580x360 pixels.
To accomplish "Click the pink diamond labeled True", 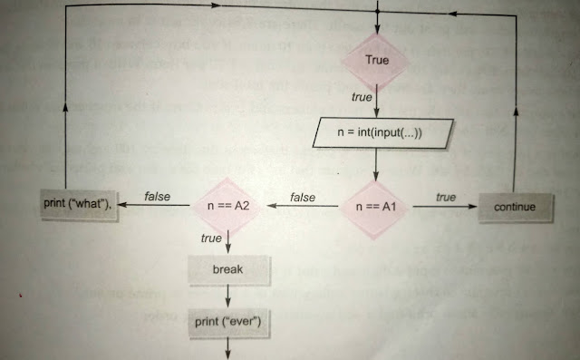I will tap(376, 59).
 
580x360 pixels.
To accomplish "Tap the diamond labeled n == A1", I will tap(377, 207).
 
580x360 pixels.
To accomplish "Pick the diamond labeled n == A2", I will tap(230, 207).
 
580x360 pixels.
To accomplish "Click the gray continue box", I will tap(515, 207).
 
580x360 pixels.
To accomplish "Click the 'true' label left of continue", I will tap(445, 197).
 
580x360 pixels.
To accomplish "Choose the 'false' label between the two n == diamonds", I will tap(302, 197).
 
